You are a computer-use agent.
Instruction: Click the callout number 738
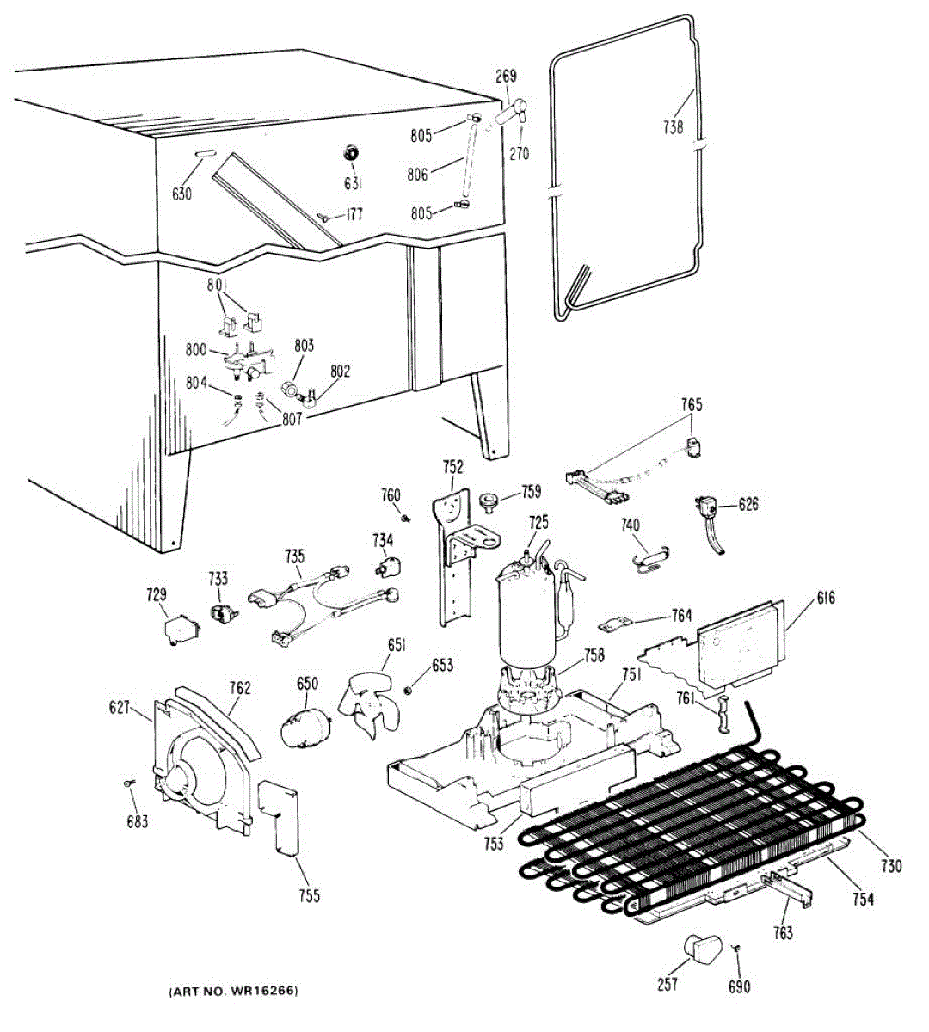click(673, 127)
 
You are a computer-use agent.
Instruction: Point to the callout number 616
click(826, 599)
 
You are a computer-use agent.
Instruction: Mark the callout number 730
click(891, 865)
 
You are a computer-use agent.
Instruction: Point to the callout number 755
click(309, 896)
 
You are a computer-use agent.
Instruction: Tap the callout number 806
click(418, 175)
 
